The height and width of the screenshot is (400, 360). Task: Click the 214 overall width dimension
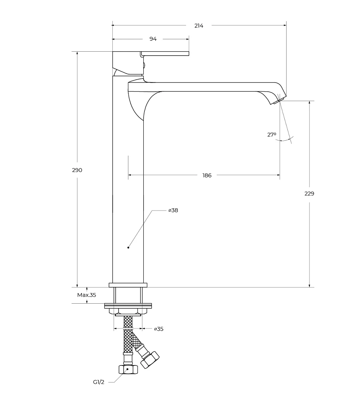199,26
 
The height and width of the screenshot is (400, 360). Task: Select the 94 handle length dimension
153,39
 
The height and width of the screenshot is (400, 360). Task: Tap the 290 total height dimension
77,170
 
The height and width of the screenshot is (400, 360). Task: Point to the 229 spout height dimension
309,193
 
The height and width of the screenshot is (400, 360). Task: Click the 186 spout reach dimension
207,176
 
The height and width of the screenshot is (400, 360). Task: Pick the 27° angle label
272,135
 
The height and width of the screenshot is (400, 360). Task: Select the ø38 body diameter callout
173,211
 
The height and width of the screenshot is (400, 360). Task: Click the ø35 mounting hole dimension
159,329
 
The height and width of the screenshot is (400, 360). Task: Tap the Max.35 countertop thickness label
87,295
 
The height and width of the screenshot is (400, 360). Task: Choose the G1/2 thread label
99,382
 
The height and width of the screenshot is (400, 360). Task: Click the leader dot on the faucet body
128,247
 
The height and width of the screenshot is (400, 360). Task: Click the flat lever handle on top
165,53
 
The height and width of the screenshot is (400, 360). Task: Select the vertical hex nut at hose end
128,369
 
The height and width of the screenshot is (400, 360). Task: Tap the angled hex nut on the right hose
150,360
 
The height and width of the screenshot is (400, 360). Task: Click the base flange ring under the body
128,285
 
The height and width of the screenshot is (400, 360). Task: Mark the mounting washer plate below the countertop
128,306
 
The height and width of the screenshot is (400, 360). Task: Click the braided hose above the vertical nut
128,341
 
